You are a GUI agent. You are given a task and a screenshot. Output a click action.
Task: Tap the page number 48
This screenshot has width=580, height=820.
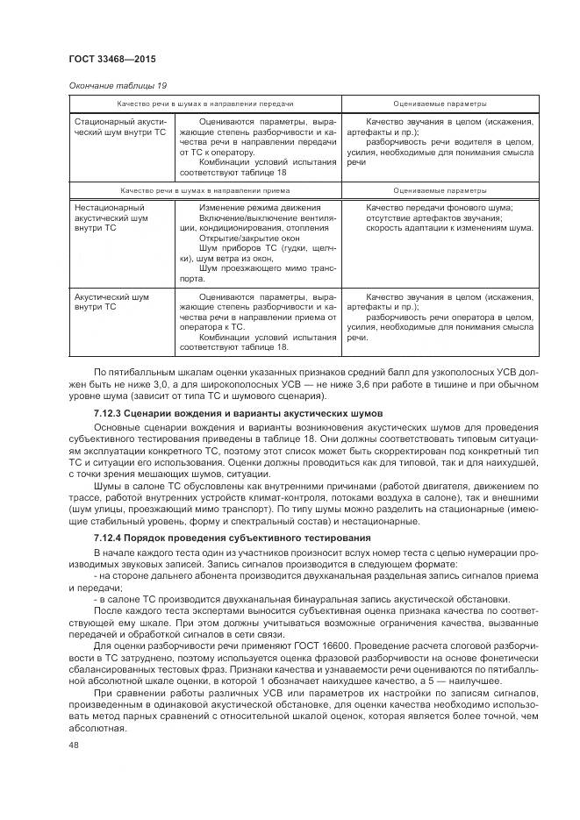click(73, 745)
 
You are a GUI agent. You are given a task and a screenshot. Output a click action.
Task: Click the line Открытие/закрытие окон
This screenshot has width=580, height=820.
click(239, 238)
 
